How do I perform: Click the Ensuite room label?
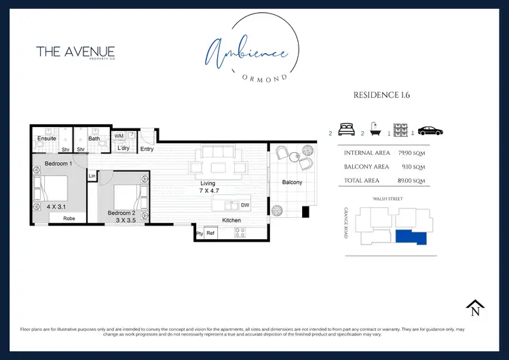(47, 139)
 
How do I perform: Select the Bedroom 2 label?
(122, 213)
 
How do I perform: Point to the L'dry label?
(124, 148)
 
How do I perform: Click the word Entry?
(147, 149)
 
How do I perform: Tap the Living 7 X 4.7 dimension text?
(207, 191)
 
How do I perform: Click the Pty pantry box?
(200, 233)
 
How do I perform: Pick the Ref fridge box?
(210, 233)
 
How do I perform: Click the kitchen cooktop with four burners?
(240, 232)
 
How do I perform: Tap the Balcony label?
(293, 182)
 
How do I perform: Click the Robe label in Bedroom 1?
(69, 219)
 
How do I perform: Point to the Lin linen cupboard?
(92, 177)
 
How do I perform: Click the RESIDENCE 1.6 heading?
(381, 95)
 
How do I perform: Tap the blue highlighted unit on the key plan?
(411, 238)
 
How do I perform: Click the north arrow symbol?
(475, 308)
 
